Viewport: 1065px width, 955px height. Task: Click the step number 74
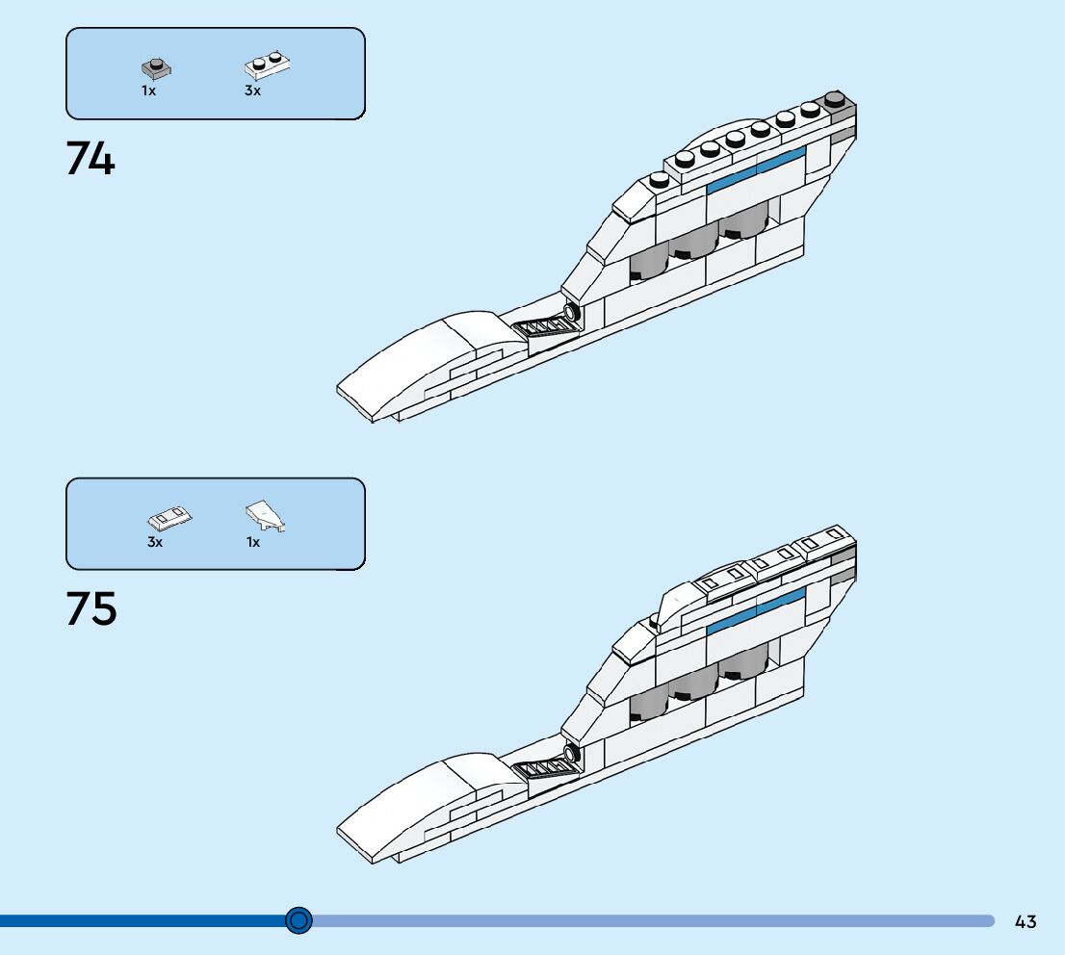91,159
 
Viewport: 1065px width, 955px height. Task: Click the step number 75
91,609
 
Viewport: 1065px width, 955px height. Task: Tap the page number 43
1026,921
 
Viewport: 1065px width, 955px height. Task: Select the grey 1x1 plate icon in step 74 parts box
155,68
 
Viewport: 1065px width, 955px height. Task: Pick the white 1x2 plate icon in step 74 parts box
268,65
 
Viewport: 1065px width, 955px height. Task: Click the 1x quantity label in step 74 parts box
148,90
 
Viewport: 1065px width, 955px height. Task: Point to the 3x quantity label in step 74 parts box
252,90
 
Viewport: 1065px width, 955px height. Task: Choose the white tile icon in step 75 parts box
169,518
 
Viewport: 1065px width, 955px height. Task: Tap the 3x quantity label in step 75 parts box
155,542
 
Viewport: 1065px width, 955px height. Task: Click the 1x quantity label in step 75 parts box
253,542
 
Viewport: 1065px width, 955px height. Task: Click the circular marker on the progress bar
299,920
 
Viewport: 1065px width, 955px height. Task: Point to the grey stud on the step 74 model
836,99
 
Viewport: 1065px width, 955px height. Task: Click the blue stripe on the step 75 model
756,612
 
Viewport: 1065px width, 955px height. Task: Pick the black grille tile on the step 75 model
547,766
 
